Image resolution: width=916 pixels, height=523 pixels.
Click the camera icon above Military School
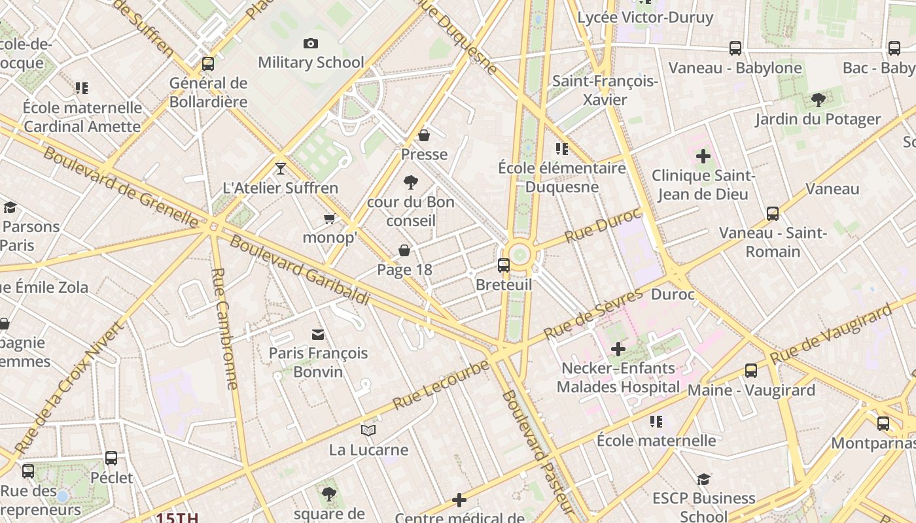311,44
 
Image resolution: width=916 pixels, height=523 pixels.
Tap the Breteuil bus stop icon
504,265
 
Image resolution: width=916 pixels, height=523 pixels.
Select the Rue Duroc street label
603,225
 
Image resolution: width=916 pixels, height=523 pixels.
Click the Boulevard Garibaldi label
300,270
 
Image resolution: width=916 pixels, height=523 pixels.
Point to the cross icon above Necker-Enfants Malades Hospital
618,349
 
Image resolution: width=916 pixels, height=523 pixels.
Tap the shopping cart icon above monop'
330,218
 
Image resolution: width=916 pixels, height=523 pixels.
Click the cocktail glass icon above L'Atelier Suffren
281,169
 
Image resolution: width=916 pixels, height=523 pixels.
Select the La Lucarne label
368,450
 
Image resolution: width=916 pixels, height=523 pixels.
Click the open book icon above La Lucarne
368,430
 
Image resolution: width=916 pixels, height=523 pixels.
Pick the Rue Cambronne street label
224,329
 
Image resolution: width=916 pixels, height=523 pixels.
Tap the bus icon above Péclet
111,458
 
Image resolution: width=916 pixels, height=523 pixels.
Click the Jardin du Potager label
818,119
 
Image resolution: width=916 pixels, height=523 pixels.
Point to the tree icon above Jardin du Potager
818,100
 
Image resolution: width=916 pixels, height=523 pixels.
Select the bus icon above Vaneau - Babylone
735,48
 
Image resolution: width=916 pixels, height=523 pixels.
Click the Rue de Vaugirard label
831,334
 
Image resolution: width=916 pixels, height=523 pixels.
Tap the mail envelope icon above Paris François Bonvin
318,335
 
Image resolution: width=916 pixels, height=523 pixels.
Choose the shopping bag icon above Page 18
404,250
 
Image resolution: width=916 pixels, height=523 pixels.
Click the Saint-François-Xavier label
605,90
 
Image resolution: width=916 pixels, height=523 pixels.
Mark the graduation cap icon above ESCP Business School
703,479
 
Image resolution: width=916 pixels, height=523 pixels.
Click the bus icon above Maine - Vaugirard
751,371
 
